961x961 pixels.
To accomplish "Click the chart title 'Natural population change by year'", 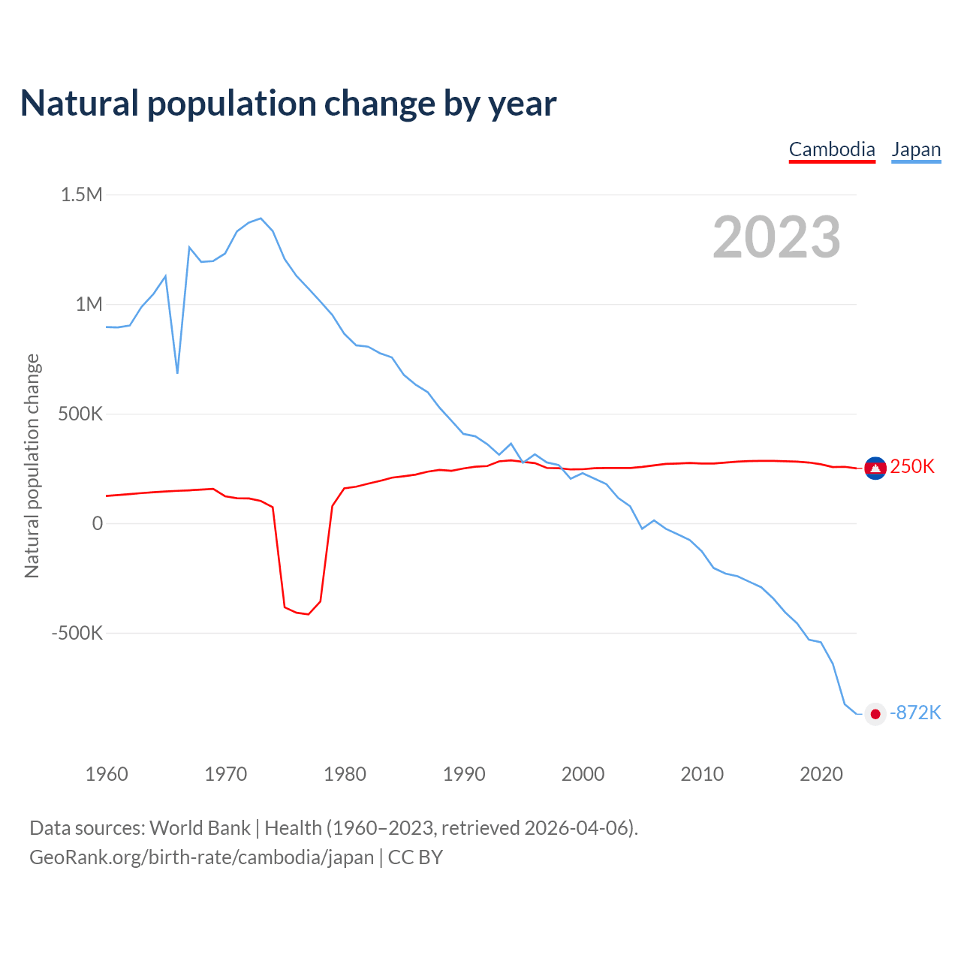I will [288, 104].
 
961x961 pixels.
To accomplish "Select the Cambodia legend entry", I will [832, 149].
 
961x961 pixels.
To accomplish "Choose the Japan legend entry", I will [916, 149].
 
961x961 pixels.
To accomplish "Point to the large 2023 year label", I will [776, 237].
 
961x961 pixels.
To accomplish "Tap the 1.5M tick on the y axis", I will [81, 195].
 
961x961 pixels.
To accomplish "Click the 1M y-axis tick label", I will [89, 304].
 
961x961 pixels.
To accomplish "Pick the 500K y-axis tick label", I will [80, 414].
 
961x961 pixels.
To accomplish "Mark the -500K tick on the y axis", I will [77, 633].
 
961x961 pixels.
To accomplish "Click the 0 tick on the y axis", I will [97, 523].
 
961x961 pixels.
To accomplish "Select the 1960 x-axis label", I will [107, 774].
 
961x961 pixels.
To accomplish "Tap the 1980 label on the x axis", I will [345, 774].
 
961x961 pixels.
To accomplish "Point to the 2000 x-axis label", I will [583, 774].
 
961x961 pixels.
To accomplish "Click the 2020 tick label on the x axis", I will [821, 774].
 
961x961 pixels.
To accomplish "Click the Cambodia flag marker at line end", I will [875, 468].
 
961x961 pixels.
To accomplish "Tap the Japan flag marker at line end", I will [875, 713].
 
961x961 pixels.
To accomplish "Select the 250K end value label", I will [912, 467].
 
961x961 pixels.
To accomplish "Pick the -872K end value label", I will [915, 712].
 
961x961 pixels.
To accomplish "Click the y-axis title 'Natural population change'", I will [32, 466].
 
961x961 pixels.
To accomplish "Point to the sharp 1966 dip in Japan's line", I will [177, 372].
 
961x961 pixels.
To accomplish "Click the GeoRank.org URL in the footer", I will [201, 857].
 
